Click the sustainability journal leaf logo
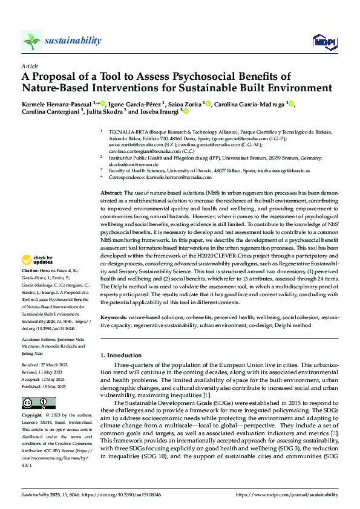(x=31, y=41)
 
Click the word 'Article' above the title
(x=29, y=65)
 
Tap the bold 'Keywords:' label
(x=114, y=317)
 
